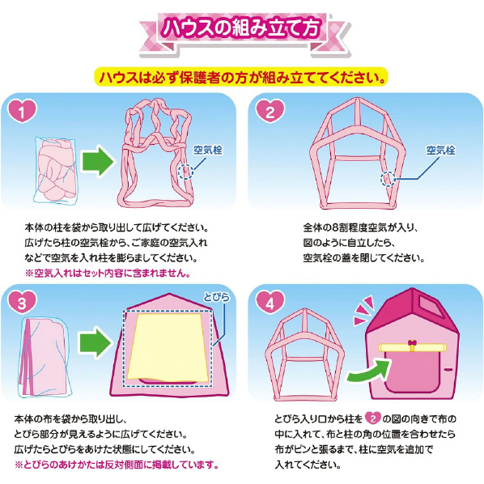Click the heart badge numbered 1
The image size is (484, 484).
(22, 111)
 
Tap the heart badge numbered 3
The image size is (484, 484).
(22, 303)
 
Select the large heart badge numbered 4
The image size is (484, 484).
(270, 303)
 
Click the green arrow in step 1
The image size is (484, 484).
(98, 161)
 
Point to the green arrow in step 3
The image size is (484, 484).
(96, 342)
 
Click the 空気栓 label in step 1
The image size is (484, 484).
(208, 150)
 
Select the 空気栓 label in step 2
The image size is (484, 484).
(440, 151)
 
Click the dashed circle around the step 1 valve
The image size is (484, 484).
(185, 172)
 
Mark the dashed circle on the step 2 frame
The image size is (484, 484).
(388, 178)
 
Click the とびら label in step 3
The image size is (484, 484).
(217, 297)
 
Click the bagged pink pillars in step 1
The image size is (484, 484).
(55, 171)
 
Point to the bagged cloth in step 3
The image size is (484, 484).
(45, 357)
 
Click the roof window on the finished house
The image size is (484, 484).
(428, 307)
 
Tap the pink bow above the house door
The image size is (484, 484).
(412, 343)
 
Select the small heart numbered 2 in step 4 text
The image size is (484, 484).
(373, 418)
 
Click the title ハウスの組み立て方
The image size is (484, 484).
(242, 28)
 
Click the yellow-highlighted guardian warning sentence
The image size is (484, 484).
(241, 77)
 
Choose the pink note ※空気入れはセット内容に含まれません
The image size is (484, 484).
(108, 273)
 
